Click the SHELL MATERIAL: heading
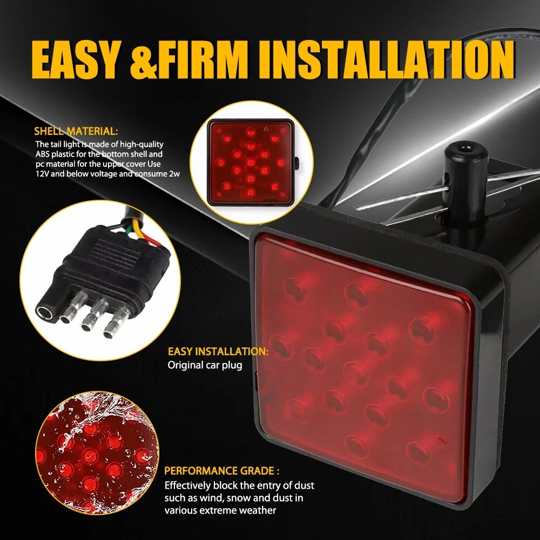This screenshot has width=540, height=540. tap(76, 131)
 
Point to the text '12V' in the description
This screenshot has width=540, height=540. tap(42, 173)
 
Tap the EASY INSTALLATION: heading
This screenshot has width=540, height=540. tap(218, 352)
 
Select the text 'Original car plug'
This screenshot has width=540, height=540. tap(205, 365)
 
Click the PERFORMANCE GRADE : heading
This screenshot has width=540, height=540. tap(222, 470)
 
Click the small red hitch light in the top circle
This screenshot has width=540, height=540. tap(251, 162)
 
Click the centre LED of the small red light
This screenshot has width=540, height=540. tap(251, 162)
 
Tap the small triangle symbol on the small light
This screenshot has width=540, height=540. tap(266, 130)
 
